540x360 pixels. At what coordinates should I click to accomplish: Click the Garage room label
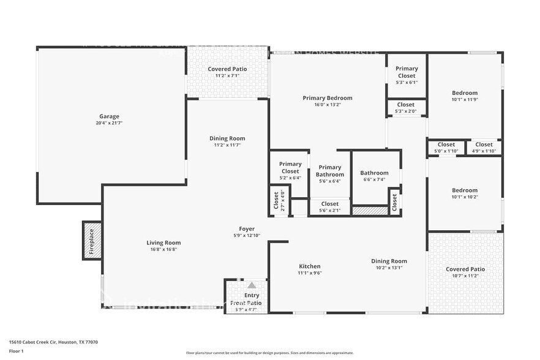tap(110, 116)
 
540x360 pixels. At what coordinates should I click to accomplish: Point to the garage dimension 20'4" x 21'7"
tap(110, 123)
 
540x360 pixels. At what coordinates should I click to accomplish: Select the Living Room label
tap(163, 242)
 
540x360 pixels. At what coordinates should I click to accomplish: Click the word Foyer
tap(247, 229)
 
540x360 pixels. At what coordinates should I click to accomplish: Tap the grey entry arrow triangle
tap(252, 285)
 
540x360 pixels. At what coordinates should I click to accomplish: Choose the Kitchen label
tap(309, 266)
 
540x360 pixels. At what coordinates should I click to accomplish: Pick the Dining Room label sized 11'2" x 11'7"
tap(227, 138)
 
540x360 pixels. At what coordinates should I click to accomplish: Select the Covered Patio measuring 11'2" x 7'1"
tap(227, 69)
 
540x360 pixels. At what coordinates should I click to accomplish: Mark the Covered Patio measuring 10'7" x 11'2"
tap(465, 269)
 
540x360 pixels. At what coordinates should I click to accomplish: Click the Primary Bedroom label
tap(328, 98)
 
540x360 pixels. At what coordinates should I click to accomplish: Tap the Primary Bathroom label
tap(329, 171)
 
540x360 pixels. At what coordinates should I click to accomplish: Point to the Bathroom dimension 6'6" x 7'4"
tap(374, 179)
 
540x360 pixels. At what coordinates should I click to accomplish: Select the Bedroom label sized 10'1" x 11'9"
tap(465, 93)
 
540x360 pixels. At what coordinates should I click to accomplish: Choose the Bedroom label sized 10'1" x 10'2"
tap(465, 190)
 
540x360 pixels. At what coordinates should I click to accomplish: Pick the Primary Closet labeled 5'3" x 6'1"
tap(407, 72)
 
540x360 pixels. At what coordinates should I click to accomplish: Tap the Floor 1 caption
tap(16, 351)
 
